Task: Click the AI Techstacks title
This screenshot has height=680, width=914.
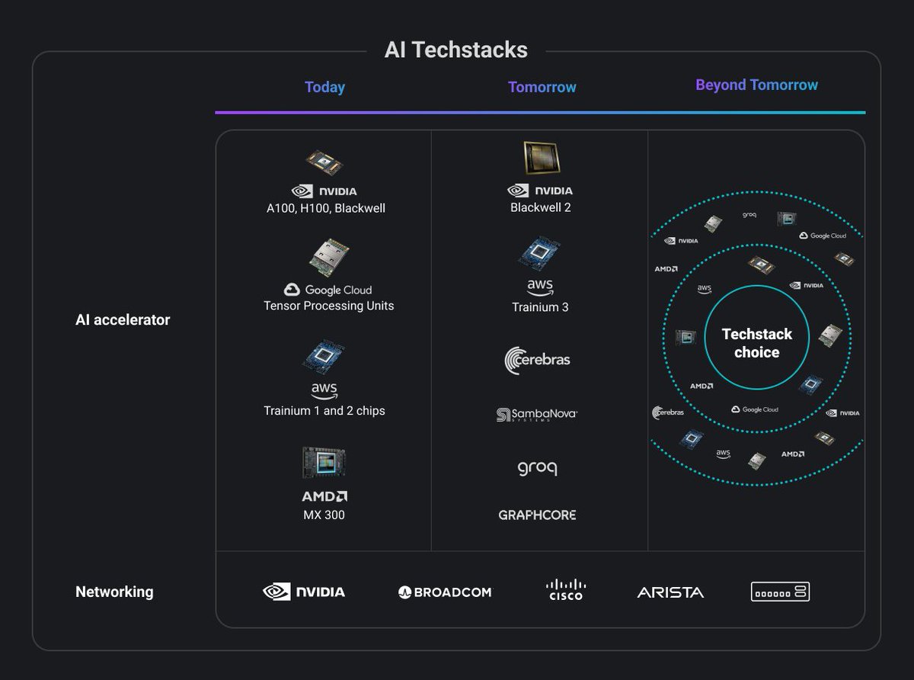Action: point(455,50)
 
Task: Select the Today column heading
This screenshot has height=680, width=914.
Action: point(324,87)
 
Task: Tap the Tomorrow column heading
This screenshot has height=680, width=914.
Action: point(542,87)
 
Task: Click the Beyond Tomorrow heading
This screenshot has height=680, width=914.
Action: point(756,85)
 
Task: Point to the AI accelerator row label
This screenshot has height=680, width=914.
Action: point(123,319)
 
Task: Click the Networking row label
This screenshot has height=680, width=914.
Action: point(114,592)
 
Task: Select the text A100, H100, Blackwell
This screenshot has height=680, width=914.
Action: point(325,208)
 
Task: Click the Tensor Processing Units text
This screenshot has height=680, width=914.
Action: point(328,306)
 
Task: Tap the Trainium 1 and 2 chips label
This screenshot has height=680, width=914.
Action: point(324,411)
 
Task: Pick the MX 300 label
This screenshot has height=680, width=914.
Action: point(324,515)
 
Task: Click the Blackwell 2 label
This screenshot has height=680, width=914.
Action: point(540,207)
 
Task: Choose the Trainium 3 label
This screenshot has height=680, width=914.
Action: point(540,307)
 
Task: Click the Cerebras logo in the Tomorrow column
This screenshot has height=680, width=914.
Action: point(537,360)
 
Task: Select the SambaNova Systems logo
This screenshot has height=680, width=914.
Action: point(537,415)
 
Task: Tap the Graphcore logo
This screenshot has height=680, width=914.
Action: point(537,515)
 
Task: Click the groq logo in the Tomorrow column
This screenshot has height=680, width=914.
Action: point(537,467)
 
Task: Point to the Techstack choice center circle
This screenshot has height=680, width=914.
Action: point(756,343)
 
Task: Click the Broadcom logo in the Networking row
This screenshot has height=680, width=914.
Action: point(445,592)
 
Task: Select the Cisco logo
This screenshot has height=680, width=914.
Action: point(566,590)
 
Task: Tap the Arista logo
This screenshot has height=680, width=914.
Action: point(670,592)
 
